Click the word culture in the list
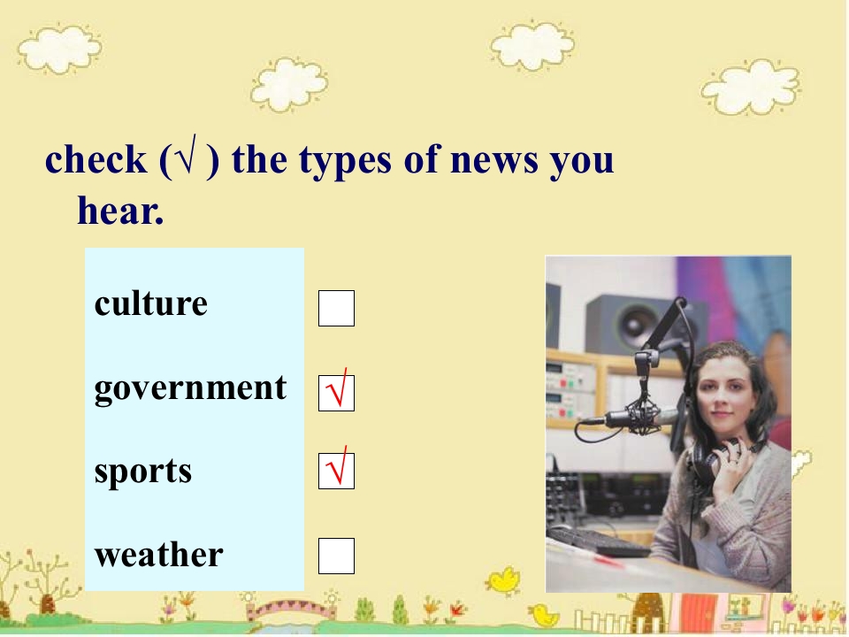[150, 303]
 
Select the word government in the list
[190, 388]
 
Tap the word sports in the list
[142, 472]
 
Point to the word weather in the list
[158, 555]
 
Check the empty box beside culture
[336, 308]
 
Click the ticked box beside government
[336, 393]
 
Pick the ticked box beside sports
[336, 471]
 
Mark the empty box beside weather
[336, 556]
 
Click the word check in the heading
[96, 160]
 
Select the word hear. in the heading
[120, 211]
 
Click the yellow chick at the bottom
[504, 580]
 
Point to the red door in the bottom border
[699, 610]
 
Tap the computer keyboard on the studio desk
[600, 541]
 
